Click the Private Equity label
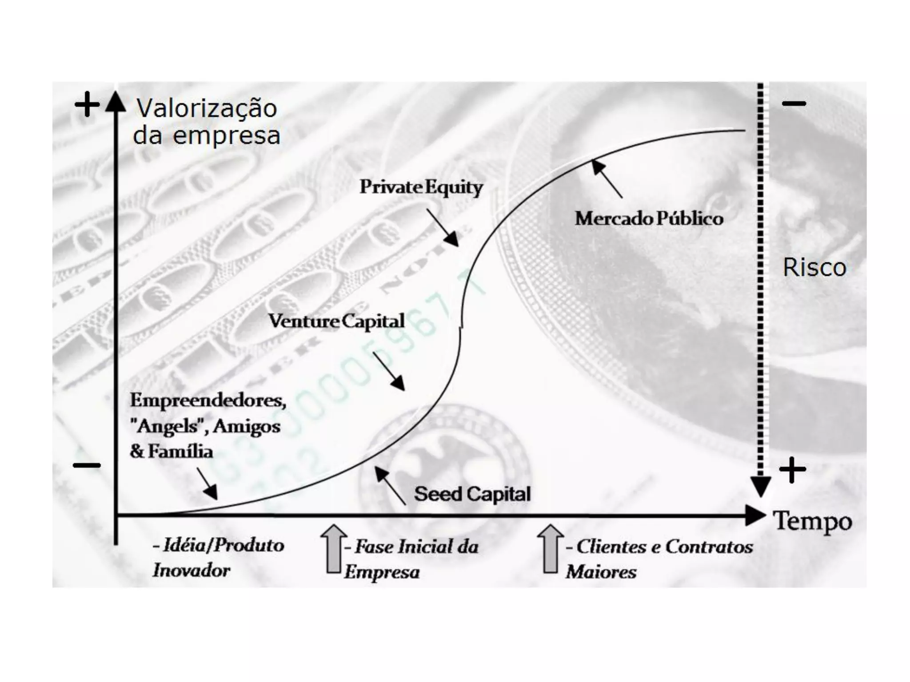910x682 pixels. tap(421, 187)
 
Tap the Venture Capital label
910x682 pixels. tap(336, 321)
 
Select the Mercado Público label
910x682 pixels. tap(649, 218)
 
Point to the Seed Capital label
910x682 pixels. tap(472, 494)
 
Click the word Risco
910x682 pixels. tap(814, 267)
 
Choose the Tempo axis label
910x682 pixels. tap(813, 521)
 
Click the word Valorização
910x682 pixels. tap(207, 108)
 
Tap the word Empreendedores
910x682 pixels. tap(208, 400)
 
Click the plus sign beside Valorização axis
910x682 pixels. tap(87, 104)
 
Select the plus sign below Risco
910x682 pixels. tap(792, 469)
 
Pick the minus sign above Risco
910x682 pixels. tap(794, 104)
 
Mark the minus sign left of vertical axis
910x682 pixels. tap(87, 466)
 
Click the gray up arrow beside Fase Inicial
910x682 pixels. tap(333, 549)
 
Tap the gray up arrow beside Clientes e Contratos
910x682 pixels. tap(550, 549)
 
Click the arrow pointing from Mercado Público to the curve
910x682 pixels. tap(607, 178)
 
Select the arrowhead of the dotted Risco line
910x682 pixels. tap(760, 487)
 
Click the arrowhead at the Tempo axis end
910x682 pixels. tap(755, 515)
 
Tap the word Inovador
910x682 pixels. tap(192, 571)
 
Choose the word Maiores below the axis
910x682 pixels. tap(601, 572)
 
